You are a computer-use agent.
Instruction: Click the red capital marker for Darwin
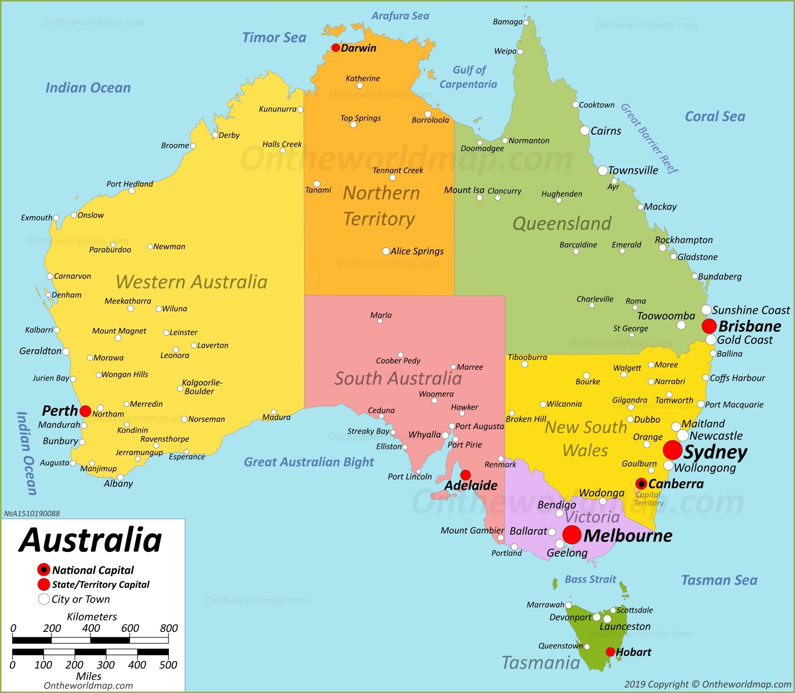pyautogui.click(x=335, y=48)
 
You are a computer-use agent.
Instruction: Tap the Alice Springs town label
pyautogui.click(x=417, y=251)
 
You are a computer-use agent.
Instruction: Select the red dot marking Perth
pyautogui.click(x=85, y=411)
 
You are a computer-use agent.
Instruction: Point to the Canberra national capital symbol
pyautogui.click(x=641, y=483)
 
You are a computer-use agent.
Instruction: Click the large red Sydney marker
pyautogui.click(x=672, y=450)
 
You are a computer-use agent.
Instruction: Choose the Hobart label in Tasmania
pyautogui.click(x=634, y=652)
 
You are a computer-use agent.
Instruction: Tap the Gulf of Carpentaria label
pyautogui.click(x=469, y=77)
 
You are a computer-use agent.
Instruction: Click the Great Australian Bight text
pyautogui.click(x=309, y=462)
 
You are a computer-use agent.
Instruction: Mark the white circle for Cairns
pyautogui.click(x=585, y=130)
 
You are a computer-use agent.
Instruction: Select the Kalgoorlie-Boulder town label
pyautogui.click(x=202, y=387)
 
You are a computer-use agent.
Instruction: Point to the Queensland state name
pyautogui.click(x=562, y=224)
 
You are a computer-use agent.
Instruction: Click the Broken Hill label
pyautogui.click(x=526, y=419)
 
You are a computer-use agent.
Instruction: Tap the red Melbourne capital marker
pyautogui.click(x=572, y=535)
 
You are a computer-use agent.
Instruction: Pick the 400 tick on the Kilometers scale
pyautogui.click(x=91, y=628)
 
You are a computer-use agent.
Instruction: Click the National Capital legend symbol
pyautogui.click(x=44, y=569)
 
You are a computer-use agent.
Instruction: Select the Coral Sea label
pyautogui.click(x=715, y=116)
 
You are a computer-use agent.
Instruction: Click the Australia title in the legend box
pyautogui.click(x=90, y=540)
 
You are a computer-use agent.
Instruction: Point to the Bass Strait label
pyautogui.click(x=590, y=579)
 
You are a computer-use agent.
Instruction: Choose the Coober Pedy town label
pyautogui.click(x=398, y=361)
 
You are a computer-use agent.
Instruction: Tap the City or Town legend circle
pyautogui.click(x=44, y=599)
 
